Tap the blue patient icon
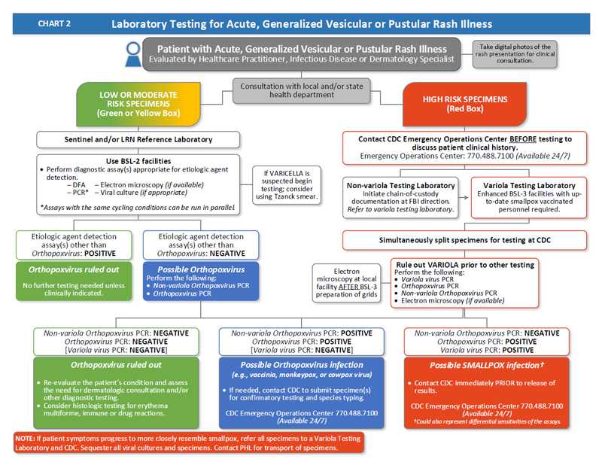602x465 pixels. click(x=133, y=54)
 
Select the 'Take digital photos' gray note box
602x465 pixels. click(x=515, y=53)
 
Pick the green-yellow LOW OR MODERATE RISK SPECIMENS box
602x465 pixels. click(x=139, y=103)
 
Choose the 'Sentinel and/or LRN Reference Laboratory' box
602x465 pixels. click(x=139, y=139)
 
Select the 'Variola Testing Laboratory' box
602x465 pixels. click(x=525, y=197)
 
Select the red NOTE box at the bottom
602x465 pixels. click(x=188, y=442)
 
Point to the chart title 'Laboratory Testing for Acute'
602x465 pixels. click(x=301, y=23)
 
